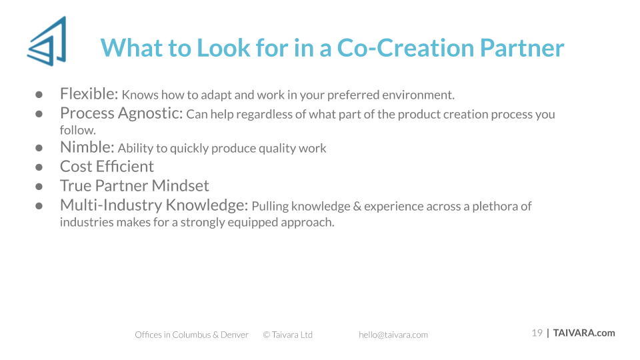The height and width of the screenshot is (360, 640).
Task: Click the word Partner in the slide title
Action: point(522,48)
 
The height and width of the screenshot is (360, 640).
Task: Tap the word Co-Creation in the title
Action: point(406,48)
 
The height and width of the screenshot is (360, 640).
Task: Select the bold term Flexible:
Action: point(89,94)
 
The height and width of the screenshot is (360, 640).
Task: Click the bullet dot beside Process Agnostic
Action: point(39,114)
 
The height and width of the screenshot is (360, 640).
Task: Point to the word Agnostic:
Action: point(150,114)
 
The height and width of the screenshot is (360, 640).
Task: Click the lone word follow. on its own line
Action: point(78,130)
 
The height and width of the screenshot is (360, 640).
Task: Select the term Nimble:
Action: point(87,147)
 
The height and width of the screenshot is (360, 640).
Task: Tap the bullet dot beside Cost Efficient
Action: point(39,167)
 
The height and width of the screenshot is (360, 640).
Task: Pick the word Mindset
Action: point(181,186)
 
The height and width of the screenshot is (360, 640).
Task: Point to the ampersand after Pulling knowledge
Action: point(357,206)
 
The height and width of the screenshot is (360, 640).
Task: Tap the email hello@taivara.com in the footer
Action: point(393,335)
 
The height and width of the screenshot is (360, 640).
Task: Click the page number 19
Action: point(537,333)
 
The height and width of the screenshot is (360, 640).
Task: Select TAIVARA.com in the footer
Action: point(584,333)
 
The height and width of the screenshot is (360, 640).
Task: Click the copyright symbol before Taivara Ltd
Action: point(267,335)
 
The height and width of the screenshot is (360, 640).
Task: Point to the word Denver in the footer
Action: point(235,335)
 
